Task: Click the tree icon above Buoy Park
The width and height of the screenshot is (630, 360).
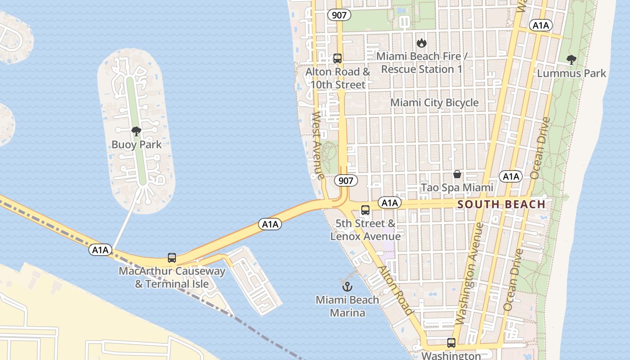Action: [x=136, y=131]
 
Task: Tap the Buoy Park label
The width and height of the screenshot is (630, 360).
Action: [x=136, y=144]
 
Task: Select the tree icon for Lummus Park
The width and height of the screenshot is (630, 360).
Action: [x=571, y=60]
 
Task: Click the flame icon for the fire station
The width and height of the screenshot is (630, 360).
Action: [x=421, y=43]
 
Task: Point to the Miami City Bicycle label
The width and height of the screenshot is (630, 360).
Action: [x=434, y=103]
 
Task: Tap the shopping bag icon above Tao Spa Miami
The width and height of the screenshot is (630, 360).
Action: [x=457, y=174]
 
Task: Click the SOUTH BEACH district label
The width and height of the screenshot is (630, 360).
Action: [x=501, y=205]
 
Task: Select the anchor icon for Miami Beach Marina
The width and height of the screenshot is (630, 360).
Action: [x=347, y=286]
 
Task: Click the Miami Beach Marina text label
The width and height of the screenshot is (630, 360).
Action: [x=347, y=306]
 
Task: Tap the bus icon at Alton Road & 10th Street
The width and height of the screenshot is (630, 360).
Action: [x=337, y=58]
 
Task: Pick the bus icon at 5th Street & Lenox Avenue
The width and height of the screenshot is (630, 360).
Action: [x=365, y=210]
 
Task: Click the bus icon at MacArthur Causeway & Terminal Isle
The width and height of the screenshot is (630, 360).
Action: [x=172, y=258]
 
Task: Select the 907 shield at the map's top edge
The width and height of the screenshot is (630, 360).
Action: [x=339, y=15]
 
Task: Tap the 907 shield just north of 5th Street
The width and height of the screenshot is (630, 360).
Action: [x=346, y=181]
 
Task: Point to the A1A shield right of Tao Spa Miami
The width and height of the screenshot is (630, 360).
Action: [x=511, y=176]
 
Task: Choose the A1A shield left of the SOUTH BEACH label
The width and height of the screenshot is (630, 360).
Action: [x=389, y=203]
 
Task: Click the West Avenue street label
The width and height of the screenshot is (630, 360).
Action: [x=318, y=145]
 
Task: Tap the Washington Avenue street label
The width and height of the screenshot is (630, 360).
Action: [x=469, y=273]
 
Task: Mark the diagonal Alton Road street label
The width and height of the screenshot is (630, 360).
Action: [x=395, y=290]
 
